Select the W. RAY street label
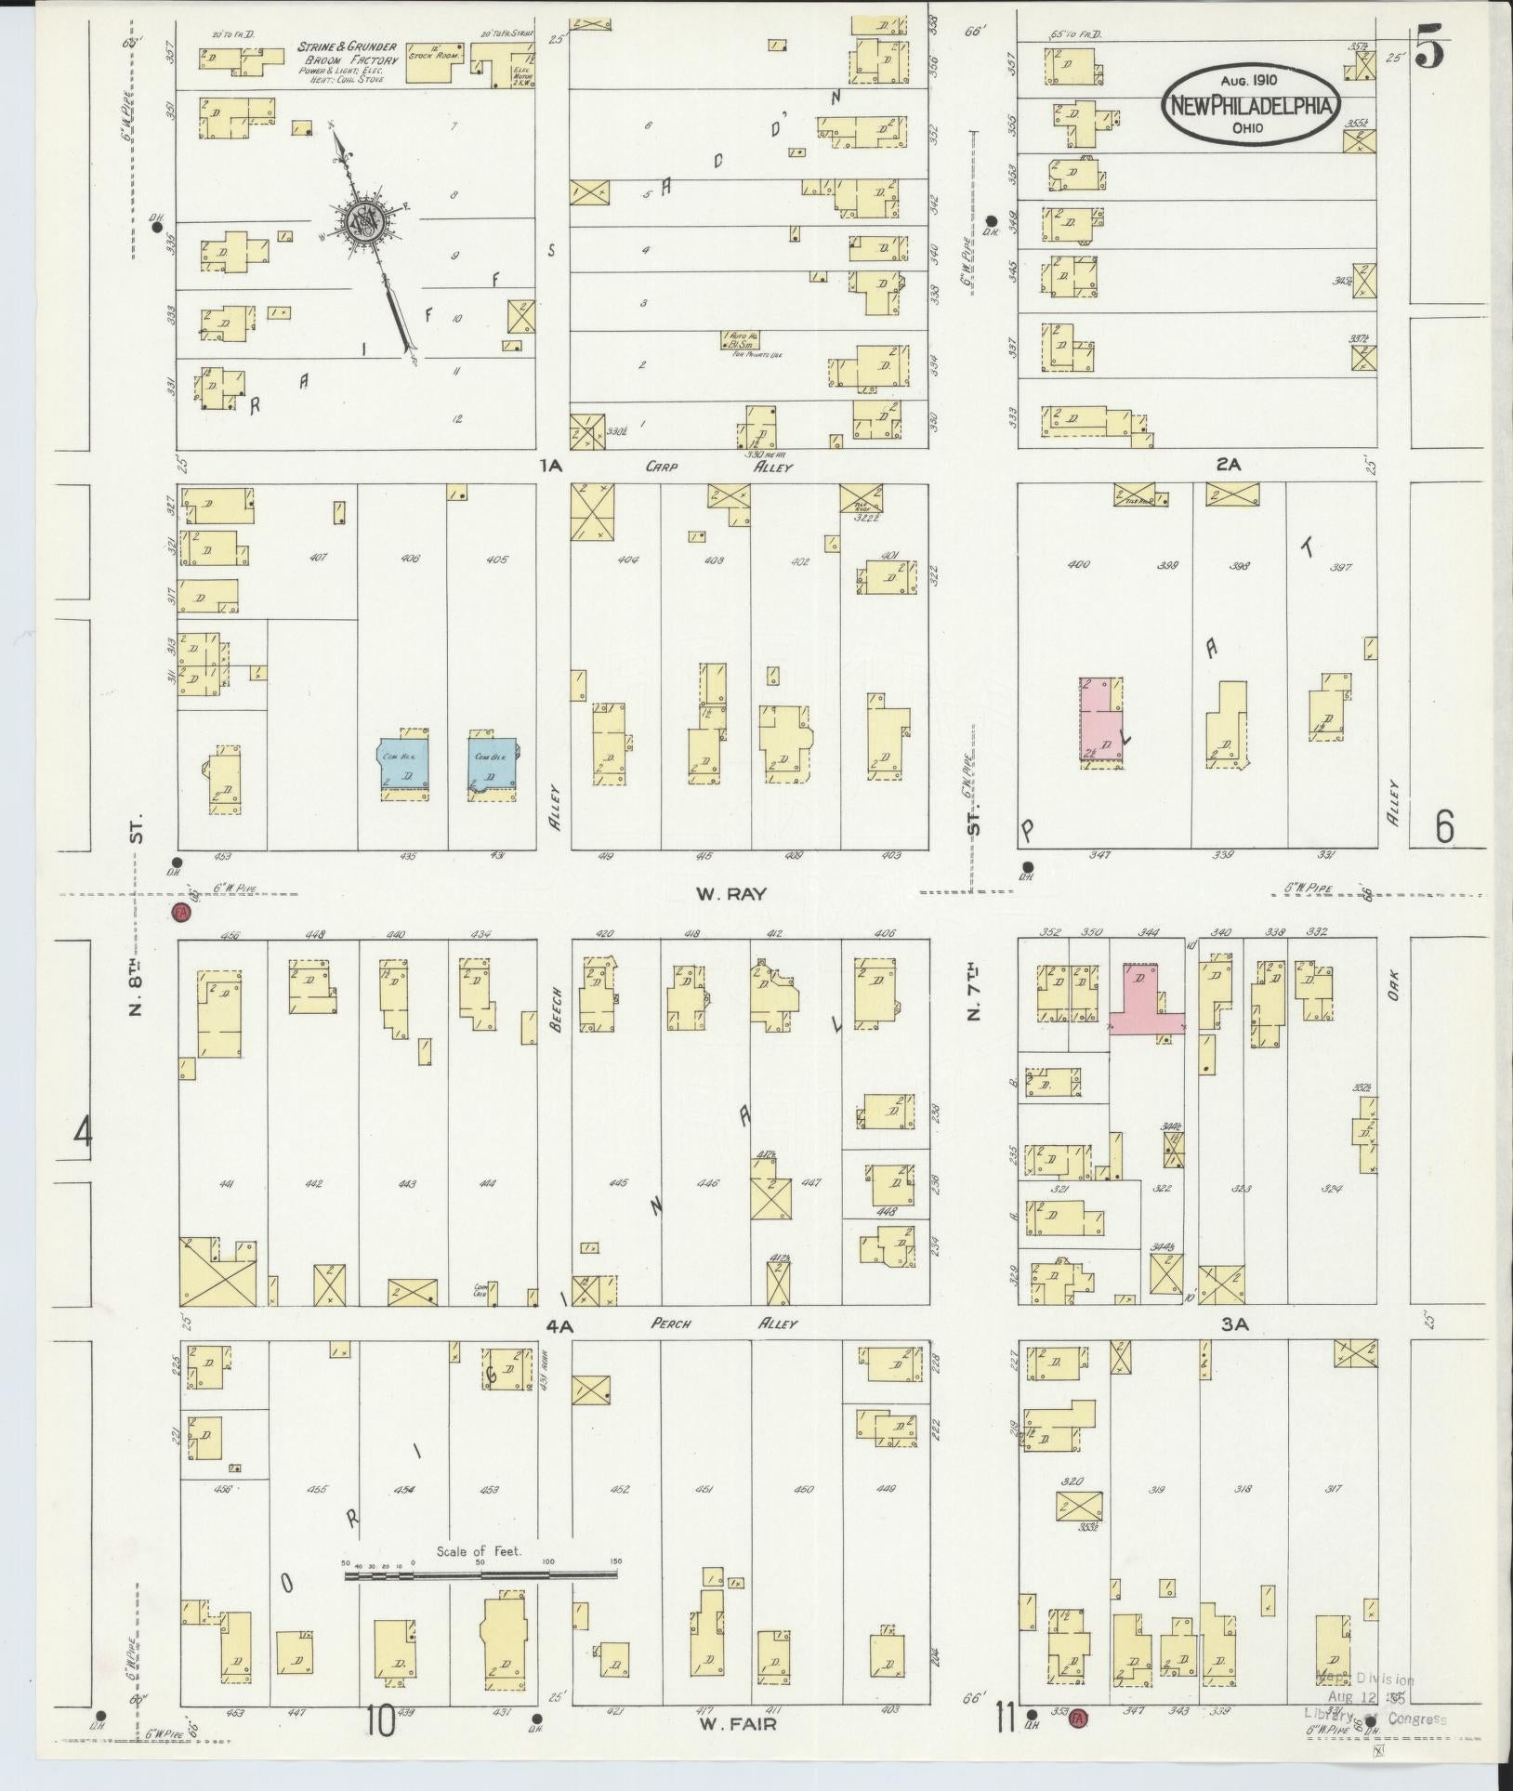(x=730, y=894)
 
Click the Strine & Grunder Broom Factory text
(x=347, y=59)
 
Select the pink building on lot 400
(x=1101, y=723)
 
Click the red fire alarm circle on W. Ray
(x=181, y=913)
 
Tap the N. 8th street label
(x=136, y=957)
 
